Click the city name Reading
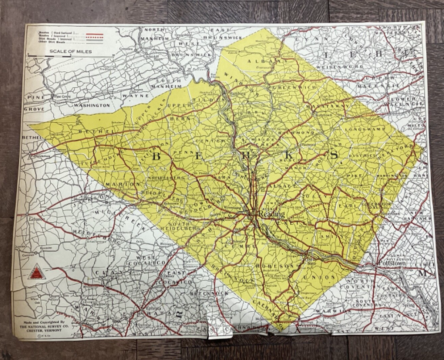[272, 214]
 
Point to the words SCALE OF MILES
[65, 51]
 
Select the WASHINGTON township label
[92, 105]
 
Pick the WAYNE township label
[130, 96]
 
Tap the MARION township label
[122, 184]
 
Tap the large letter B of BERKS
[157, 156]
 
